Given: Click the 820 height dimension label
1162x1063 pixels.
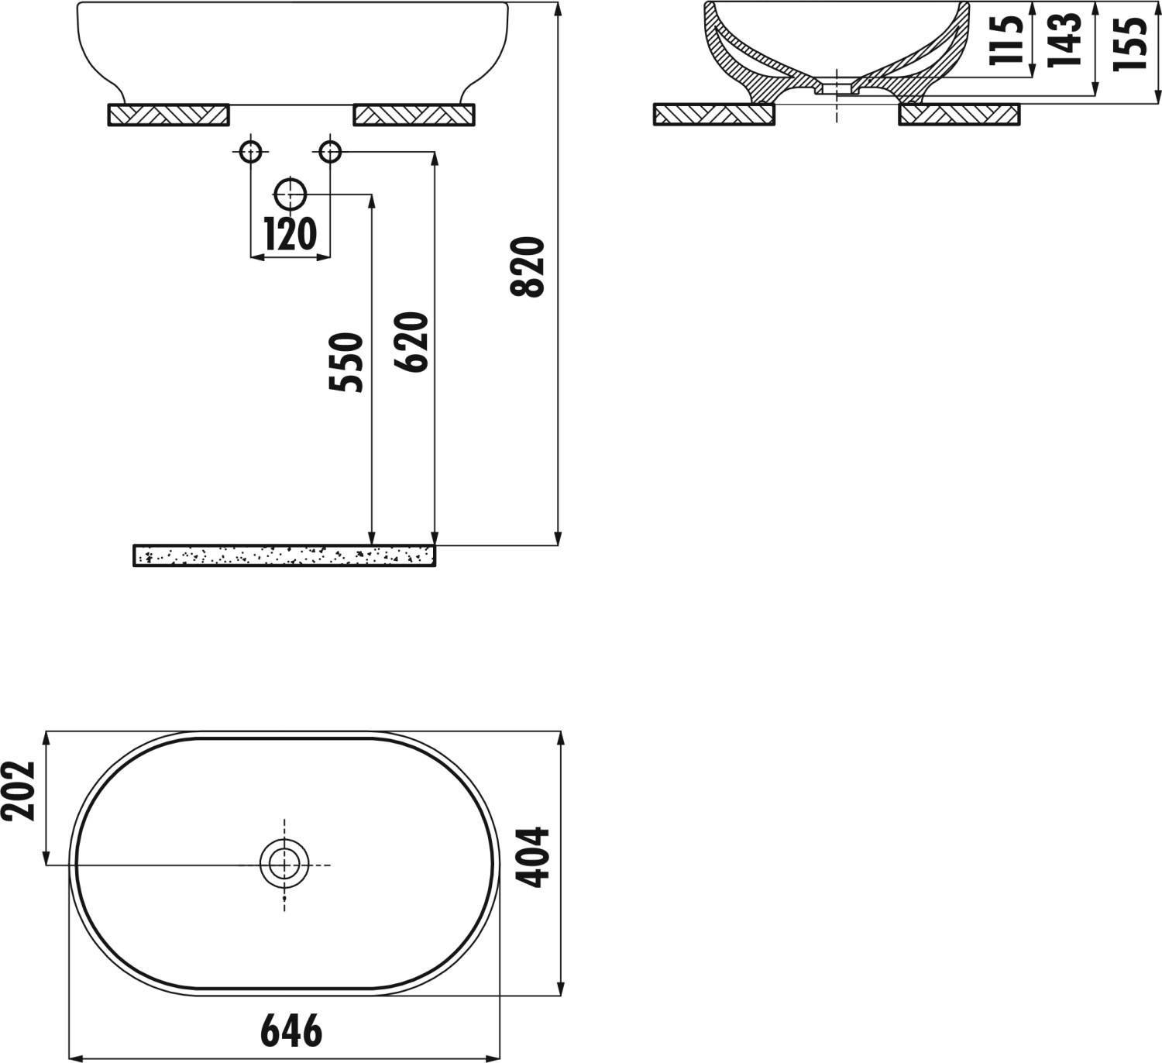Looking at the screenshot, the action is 528,267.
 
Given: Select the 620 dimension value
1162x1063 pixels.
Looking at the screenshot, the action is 411,342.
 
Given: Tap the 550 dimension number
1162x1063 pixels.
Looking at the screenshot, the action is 346,363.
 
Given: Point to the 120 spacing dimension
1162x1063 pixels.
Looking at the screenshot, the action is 290,234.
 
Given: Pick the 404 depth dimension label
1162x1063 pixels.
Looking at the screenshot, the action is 532,857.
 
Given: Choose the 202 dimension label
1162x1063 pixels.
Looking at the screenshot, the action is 18,790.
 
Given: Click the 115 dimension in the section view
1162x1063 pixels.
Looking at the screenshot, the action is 1006,40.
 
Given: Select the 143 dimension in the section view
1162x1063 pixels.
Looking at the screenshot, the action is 1064,40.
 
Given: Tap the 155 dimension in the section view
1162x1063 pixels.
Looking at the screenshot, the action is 1130,44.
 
